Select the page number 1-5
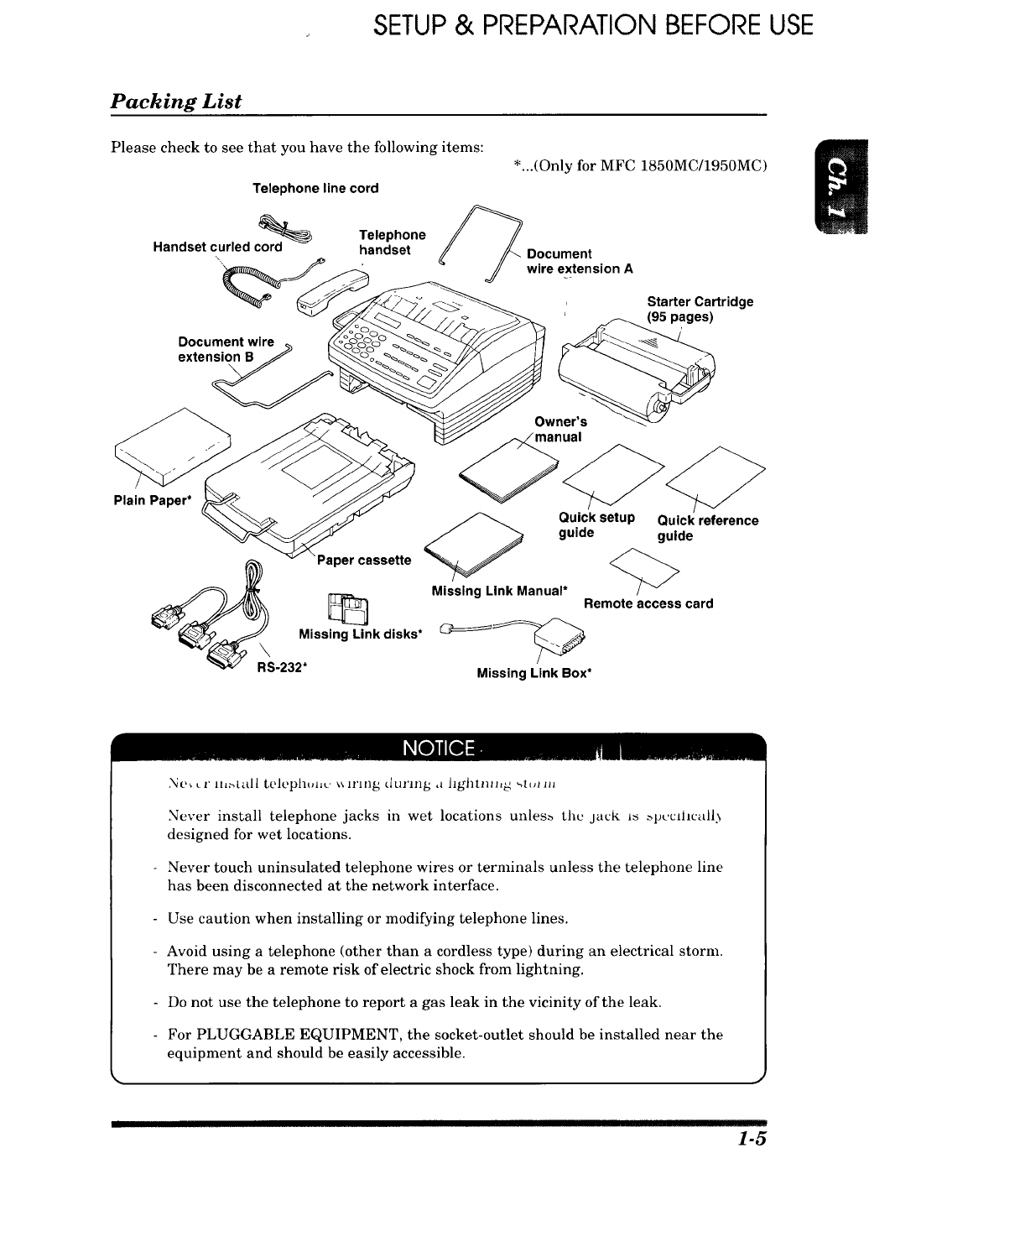pyautogui.click(x=753, y=1140)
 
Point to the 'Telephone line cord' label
pyautogui.click(x=315, y=189)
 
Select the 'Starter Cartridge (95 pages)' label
pyautogui.click(x=700, y=309)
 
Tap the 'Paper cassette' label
pyautogui.click(x=363, y=561)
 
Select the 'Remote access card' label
pyautogui.click(x=648, y=603)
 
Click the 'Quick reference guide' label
pyautogui.click(x=707, y=528)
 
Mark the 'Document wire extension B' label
pyautogui.click(x=226, y=349)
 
